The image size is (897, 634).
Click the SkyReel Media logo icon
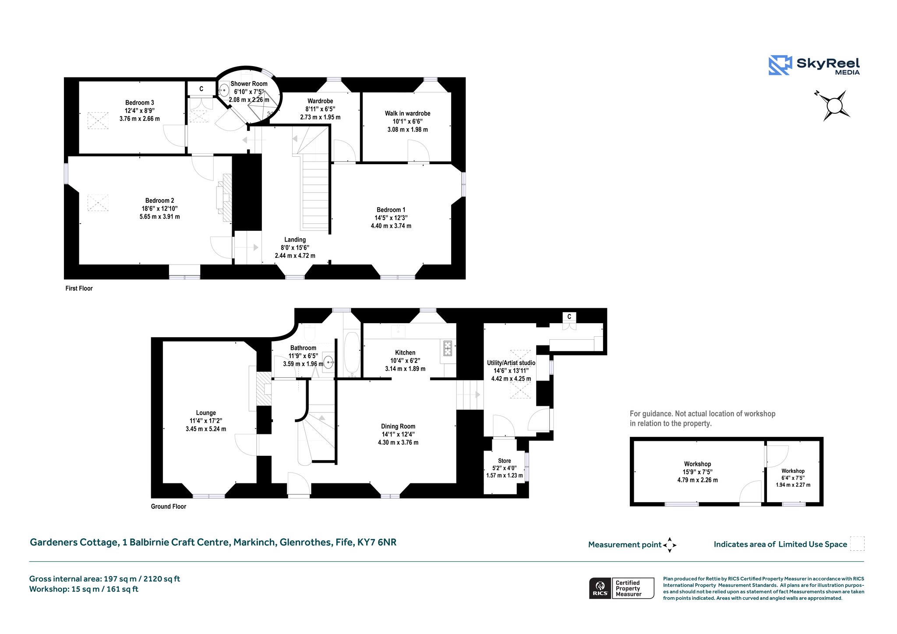click(780, 65)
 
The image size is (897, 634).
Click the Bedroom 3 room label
click(140, 103)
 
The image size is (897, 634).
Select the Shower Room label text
click(249, 84)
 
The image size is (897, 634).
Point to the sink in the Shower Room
click(224, 91)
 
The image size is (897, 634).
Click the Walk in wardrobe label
click(408, 113)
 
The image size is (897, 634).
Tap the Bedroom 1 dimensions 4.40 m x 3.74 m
click(391, 226)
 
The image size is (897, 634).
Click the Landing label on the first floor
click(295, 240)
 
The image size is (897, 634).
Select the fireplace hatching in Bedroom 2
click(227, 199)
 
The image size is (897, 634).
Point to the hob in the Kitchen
click(448, 348)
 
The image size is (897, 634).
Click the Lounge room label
click(206, 413)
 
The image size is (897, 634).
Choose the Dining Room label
click(398, 426)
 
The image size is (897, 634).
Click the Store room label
click(505, 461)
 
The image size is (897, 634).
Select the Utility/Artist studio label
click(511, 363)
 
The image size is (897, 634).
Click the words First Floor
click(79, 289)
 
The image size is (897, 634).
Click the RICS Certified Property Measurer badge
click(622, 588)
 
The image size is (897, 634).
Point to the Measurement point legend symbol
click(670, 545)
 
